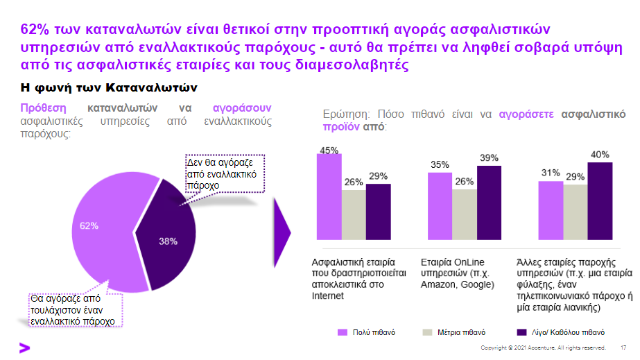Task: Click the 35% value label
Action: click(x=440, y=164)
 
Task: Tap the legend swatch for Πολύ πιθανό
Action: click(x=342, y=332)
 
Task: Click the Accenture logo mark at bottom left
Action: click(x=8, y=348)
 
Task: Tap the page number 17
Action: click(x=623, y=348)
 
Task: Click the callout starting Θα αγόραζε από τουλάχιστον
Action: click(x=74, y=310)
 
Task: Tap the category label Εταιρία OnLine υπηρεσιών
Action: click(x=457, y=274)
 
